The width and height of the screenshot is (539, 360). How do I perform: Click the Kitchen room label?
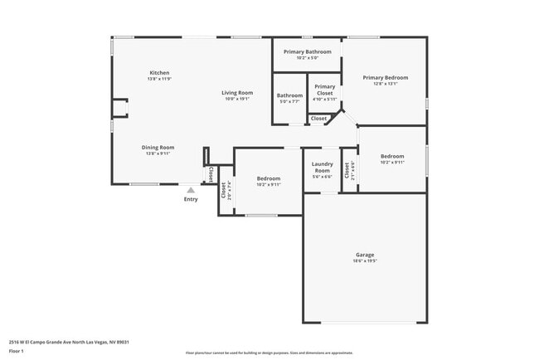(x=159, y=72)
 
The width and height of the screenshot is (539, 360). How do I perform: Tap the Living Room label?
(x=237, y=92)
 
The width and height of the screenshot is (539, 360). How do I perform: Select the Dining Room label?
(x=158, y=147)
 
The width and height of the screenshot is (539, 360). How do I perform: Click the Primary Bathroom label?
(x=307, y=52)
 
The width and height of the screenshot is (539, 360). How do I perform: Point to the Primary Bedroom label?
(x=386, y=77)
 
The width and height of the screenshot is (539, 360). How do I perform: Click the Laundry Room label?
(x=322, y=167)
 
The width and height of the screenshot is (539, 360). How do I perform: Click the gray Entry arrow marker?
(x=191, y=190)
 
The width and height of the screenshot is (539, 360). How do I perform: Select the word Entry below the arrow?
(x=191, y=199)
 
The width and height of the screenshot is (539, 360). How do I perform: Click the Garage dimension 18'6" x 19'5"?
(x=365, y=261)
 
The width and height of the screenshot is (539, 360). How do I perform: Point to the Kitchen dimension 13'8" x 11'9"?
(x=159, y=79)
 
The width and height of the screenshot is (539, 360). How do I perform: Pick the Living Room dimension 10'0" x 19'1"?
(x=237, y=99)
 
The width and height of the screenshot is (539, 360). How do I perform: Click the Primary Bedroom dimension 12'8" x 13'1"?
(x=386, y=84)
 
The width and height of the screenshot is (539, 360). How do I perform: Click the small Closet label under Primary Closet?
(x=318, y=119)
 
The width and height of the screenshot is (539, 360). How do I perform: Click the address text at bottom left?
(x=69, y=342)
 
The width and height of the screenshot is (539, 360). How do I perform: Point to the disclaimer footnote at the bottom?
(x=269, y=353)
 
